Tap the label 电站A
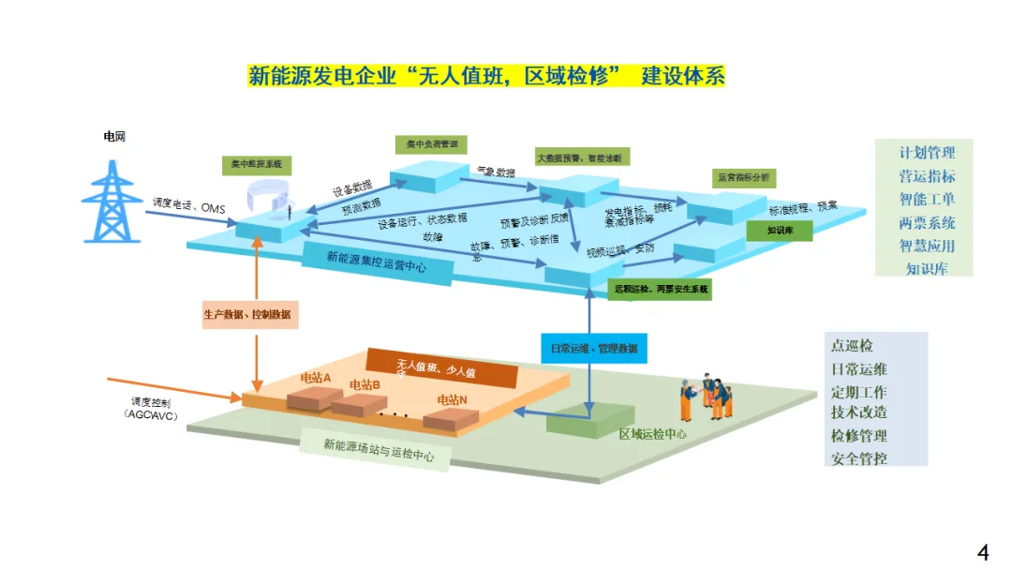pos(315,377)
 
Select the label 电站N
pos(454,399)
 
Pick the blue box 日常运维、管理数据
pos(593,349)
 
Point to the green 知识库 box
pos(780,229)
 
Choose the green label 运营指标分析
pos(743,177)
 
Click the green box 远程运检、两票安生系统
pos(661,290)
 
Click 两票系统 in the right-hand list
pos(927,222)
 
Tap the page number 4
pos(982,552)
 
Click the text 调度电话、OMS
pos(188,202)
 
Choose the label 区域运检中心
pos(653,434)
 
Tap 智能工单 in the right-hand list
pos(927,199)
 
